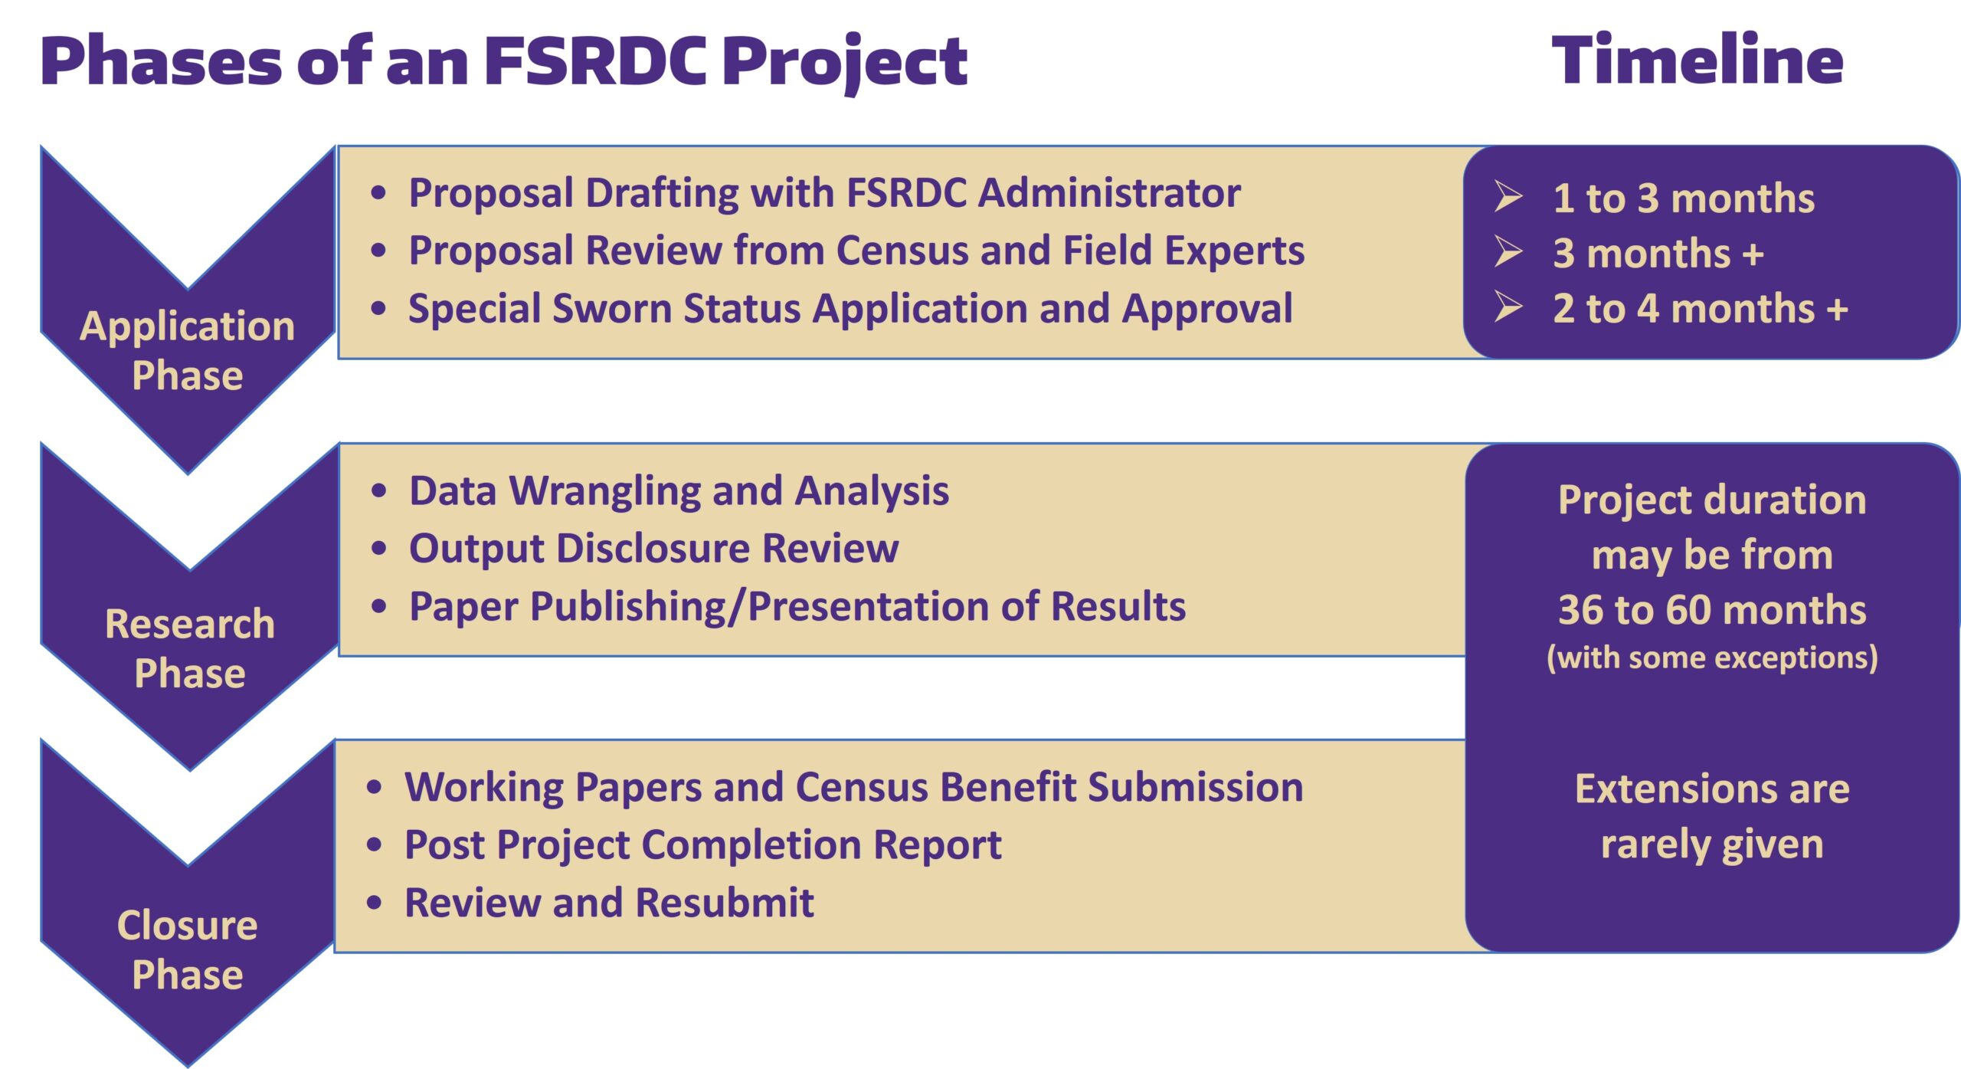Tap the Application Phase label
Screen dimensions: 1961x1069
pos(188,350)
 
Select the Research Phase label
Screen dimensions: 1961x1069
pos(190,648)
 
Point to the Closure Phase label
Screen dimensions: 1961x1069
pos(188,949)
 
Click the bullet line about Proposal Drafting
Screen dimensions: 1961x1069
pos(824,192)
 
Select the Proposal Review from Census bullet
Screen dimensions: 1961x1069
pos(856,251)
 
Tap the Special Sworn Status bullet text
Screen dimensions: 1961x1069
pos(850,309)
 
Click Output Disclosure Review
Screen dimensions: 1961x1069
pos(654,549)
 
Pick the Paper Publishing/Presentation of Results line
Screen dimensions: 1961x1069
pos(797,607)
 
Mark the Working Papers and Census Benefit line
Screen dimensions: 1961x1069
pos(854,787)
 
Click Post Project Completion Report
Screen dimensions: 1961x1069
pos(703,845)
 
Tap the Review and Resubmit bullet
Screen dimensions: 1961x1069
pos(609,903)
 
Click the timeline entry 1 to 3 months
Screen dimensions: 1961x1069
pos(1684,198)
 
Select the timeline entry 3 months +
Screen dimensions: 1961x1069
pos(1658,254)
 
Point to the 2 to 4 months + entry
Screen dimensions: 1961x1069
pos(1701,309)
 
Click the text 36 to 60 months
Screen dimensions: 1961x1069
pos(1712,610)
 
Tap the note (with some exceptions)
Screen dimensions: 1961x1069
pos(1712,657)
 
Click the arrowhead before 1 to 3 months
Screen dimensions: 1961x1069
pos(1508,196)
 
